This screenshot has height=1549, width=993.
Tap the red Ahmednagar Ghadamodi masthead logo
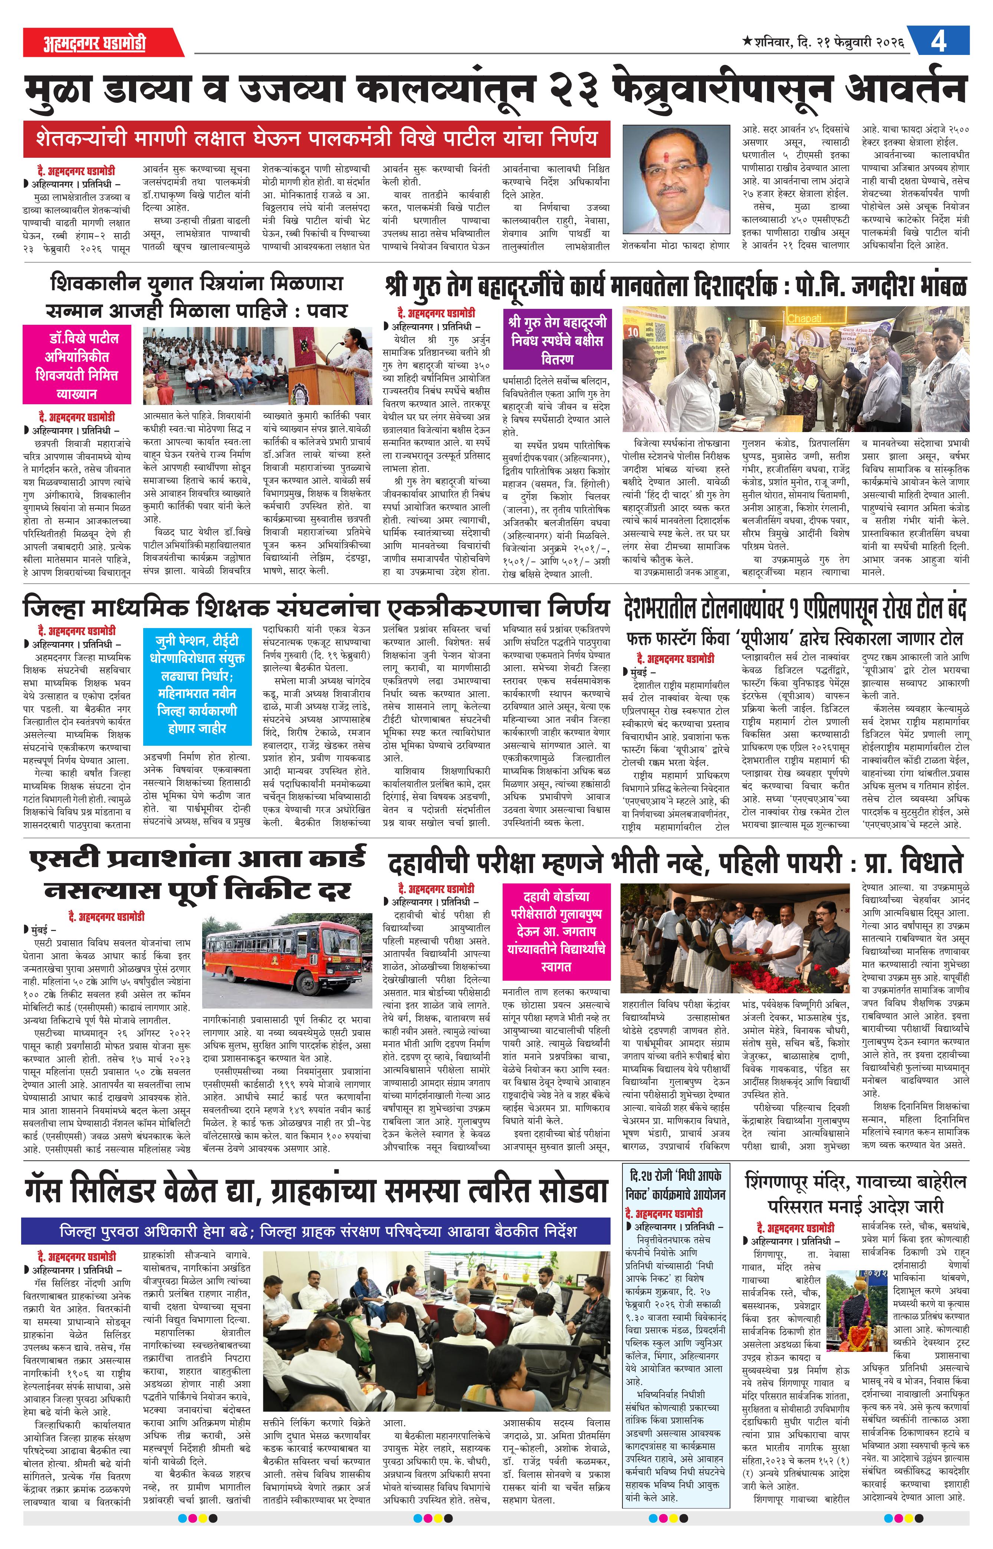coord(95,43)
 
